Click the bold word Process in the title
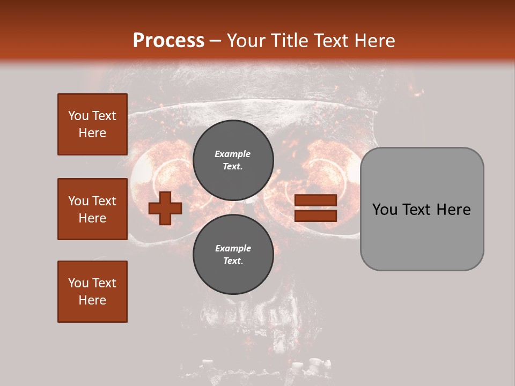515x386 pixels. point(168,40)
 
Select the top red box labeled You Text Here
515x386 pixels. point(92,124)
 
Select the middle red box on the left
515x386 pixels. point(92,209)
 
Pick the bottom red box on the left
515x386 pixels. point(92,292)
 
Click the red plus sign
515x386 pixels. point(165,209)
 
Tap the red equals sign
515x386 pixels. point(315,208)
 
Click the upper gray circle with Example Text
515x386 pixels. point(233,160)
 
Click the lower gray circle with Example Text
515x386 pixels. point(233,254)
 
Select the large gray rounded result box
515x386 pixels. point(422,209)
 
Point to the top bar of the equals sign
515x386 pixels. point(315,201)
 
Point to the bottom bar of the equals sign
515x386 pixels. point(315,216)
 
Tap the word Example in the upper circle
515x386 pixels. point(233,154)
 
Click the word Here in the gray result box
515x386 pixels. point(454,210)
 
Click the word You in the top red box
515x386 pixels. point(78,116)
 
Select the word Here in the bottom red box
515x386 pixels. point(92,300)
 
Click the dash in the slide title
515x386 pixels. point(216,41)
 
